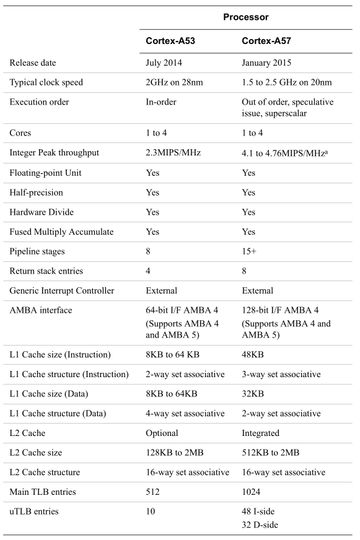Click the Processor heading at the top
pos(245,17)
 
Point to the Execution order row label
pos(40,102)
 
